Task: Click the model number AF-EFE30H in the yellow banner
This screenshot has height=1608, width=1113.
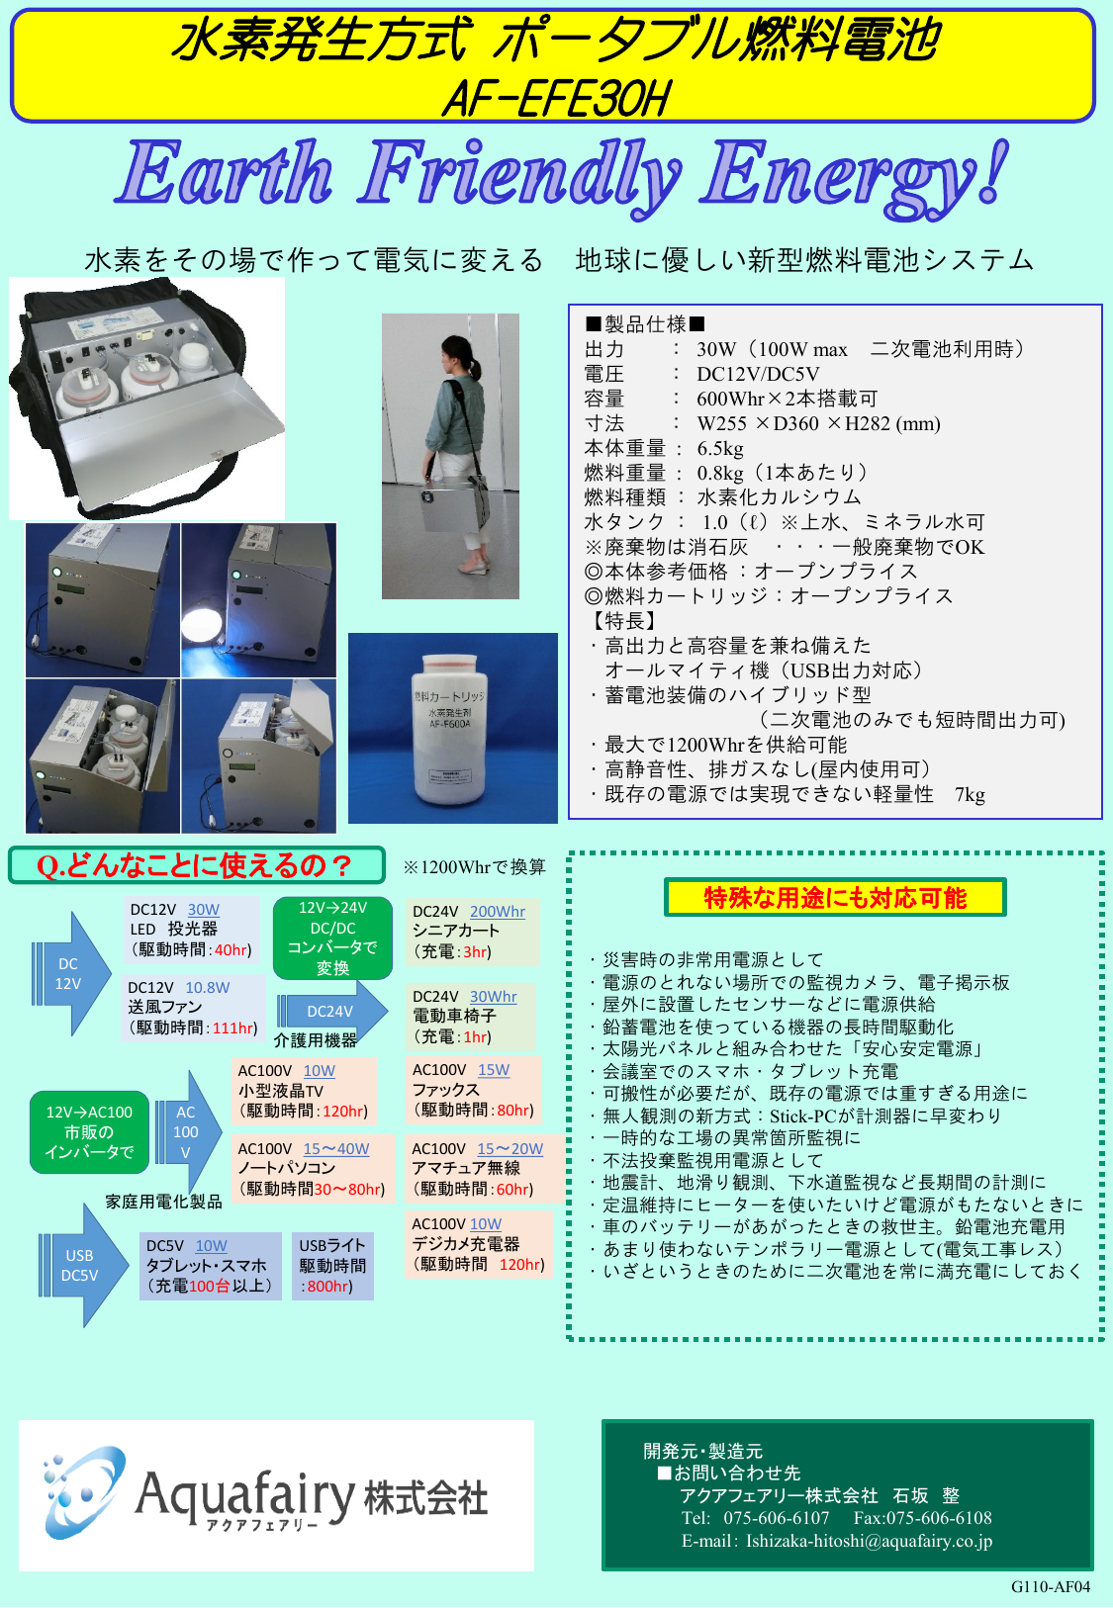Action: click(556, 99)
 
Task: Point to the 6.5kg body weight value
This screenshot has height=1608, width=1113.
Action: click(720, 448)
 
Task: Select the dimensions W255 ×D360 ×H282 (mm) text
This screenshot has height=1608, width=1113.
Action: click(818, 423)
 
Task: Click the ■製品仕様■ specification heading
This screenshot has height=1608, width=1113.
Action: click(645, 324)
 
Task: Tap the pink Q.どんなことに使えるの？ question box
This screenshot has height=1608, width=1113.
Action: click(196, 865)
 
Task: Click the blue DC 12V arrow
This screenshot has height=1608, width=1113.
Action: click(71, 974)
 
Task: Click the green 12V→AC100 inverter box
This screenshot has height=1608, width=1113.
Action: click(89, 1132)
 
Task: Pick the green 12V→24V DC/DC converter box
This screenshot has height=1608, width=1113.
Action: click(332, 938)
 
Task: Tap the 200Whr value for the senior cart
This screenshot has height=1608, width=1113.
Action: click(497, 912)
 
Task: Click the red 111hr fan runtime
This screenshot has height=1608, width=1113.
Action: click(234, 1028)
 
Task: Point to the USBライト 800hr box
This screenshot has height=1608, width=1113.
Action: click(332, 1266)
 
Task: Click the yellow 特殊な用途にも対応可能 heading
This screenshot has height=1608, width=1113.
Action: click(835, 898)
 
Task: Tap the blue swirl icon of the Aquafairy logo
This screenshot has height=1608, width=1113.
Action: click(84, 1490)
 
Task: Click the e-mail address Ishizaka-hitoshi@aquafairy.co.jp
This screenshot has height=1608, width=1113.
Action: click(869, 1541)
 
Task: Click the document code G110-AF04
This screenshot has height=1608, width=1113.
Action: click(1050, 1587)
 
